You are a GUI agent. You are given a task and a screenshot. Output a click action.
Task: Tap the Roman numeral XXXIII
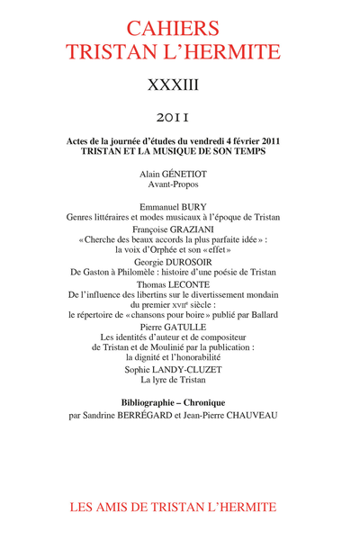[x=180, y=85]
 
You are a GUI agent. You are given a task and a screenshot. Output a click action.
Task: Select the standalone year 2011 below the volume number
[x=180, y=117]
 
